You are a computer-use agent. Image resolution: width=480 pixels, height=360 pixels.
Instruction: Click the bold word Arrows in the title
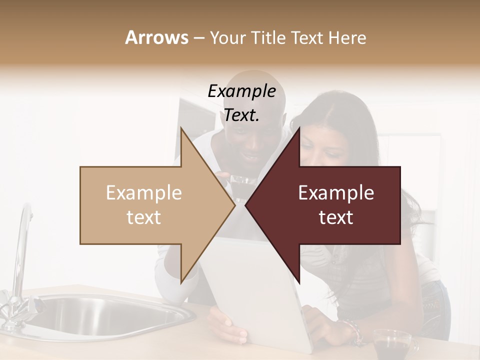click(156, 37)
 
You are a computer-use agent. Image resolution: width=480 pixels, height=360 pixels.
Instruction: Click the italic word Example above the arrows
click(241, 91)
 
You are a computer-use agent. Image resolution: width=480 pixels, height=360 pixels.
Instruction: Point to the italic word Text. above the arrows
click(241, 115)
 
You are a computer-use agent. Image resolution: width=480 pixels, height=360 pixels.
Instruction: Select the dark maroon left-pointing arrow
click(330, 205)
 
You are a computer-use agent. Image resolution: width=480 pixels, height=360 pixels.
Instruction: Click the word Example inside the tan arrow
click(144, 193)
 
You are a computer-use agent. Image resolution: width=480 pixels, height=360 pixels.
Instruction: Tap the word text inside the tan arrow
click(144, 217)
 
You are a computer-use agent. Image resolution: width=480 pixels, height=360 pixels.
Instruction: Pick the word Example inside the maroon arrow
click(336, 193)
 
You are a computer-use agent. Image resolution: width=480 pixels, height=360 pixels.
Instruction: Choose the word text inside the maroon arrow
click(336, 217)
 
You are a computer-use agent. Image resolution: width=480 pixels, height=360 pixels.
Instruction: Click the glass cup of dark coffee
click(392, 345)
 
